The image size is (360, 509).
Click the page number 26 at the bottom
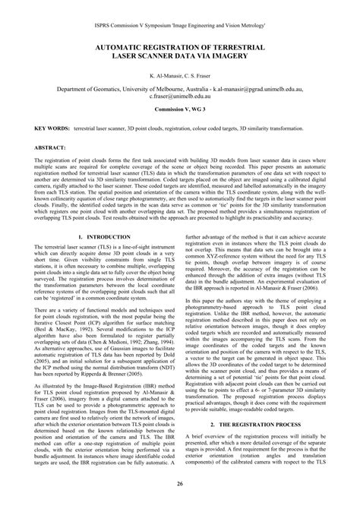(x=180, y=483)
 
